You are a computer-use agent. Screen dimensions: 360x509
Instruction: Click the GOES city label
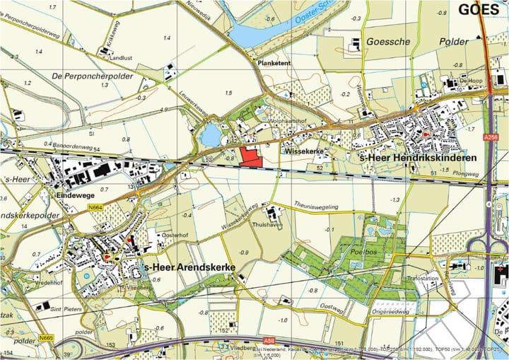pyautogui.click(x=479, y=10)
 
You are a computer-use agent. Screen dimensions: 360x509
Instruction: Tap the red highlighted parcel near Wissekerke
pyautogui.click(x=250, y=156)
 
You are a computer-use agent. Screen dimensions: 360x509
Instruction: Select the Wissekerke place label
pyautogui.click(x=304, y=151)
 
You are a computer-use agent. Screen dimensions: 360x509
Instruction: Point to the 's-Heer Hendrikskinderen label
pyautogui.click(x=418, y=157)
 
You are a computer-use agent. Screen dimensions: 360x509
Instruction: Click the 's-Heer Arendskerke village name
pyautogui.click(x=188, y=268)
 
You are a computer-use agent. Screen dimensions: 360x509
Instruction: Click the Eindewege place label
pyautogui.click(x=76, y=193)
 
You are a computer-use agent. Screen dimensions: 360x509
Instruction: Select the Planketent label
pyautogui.click(x=274, y=62)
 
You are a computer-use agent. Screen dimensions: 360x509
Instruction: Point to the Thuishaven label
pyautogui.click(x=267, y=223)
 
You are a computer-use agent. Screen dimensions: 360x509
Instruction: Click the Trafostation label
pyautogui.click(x=422, y=279)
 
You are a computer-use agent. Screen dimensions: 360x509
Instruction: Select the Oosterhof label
pyautogui.click(x=174, y=235)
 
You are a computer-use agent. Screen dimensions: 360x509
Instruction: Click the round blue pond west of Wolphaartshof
pyautogui.click(x=210, y=134)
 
